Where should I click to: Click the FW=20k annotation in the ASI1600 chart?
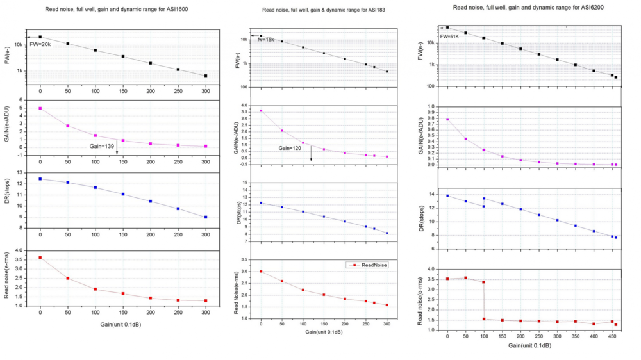(x=40, y=45)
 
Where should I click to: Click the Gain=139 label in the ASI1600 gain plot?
(x=103, y=147)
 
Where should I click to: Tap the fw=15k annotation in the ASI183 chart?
(x=266, y=40)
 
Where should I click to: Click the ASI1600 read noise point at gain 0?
(x=40, y=258)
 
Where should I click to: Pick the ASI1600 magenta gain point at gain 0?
(x=40, y=108)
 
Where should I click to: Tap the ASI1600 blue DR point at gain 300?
(x=206, y=217)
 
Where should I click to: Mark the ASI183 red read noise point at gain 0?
(x=261, y=272)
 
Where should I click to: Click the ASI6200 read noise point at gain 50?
(x=465, y=278)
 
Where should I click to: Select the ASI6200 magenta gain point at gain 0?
(x=447, y=119)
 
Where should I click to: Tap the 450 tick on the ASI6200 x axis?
(x=612, y=336)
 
